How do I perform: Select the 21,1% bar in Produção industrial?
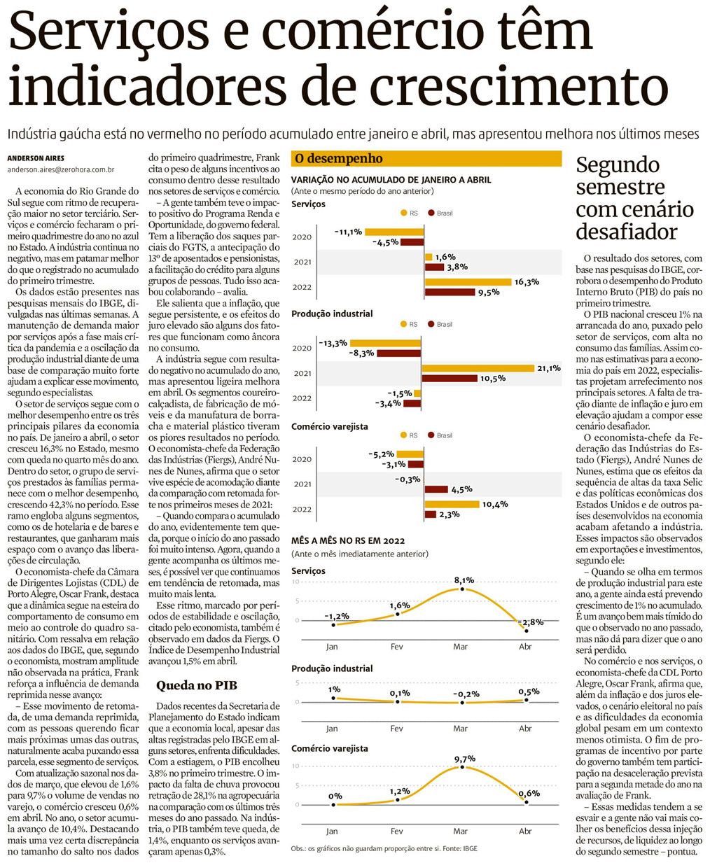(x=478, y=368)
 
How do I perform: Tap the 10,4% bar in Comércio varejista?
(x=452, y=504)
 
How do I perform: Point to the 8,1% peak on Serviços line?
(x=463, y=589)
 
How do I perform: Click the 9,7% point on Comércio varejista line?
(x=463, y=767)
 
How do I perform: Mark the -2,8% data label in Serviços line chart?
(x=530, y=622)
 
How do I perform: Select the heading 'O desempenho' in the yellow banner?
(x=338, y=159)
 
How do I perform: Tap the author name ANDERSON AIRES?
(x=36, y=158)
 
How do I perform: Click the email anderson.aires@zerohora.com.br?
(x=61, y=170)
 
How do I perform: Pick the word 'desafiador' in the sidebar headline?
(x=617, y=232)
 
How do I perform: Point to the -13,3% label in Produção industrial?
(x=333, y=343)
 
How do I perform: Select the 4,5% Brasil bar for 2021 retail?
(x=436, y=489)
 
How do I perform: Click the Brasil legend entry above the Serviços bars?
(x=440, y=213)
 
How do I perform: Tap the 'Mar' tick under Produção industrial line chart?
(x=460, y=729)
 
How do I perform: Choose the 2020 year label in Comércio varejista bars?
(x=302, y=459)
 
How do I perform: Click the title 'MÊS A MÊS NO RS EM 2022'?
(x=348, y=540)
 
